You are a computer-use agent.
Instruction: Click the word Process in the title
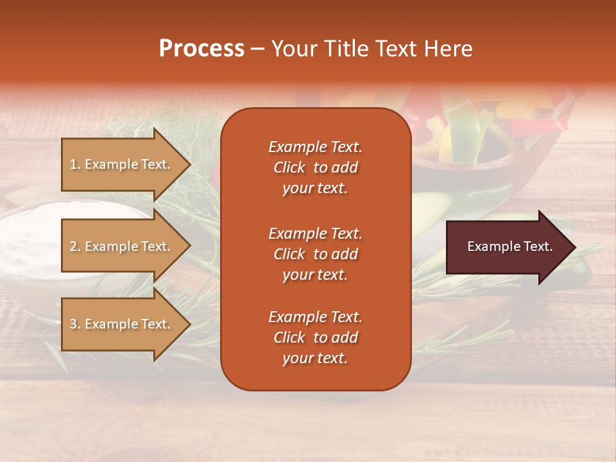click(x=201, y=49)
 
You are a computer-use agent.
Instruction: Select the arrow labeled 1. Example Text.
click(x=122, y=164)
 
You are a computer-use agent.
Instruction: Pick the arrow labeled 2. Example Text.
click(x=122, y=246)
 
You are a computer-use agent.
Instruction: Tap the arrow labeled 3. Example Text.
click(x=122, y=324)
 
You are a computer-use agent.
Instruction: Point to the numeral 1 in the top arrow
click(x=73, y=164)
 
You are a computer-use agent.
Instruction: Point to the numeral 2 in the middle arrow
click(x=74, y=246)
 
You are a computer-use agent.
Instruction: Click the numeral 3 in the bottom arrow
click(x=74, y=324)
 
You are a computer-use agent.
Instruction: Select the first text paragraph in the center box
click(x=315, y=167)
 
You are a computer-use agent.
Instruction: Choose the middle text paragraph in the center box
click(x=315, y=254)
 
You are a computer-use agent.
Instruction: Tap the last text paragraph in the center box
click(x=315, y=338)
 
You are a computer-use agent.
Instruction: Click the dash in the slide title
click(x=257, y=49)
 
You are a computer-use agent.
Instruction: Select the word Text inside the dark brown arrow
click(x=537, y=246)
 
